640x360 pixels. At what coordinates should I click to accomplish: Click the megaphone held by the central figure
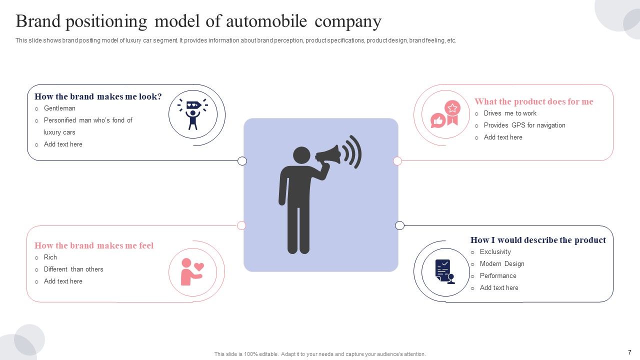click(x=328, y=154)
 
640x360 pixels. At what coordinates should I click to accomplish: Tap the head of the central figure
click(x=301, y=155)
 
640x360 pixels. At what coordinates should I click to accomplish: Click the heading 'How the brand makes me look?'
click(x=98, y=96)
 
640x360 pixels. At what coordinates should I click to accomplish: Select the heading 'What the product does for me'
click(x=533, y=101)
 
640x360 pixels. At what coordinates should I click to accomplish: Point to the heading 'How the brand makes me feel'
click(x=94, y=245)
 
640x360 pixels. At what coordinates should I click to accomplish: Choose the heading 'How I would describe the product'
click(x=538, y=240)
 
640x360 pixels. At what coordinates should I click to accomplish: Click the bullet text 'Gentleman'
click(x=59, y=108)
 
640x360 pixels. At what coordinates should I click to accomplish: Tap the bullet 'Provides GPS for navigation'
click(x=524, y=125)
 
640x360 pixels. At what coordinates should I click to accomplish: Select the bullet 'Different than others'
click(x=73, y=269)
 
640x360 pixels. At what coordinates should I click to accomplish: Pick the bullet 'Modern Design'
click(x=502, y=263)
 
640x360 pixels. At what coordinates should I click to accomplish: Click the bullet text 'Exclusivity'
click(x=495, y=251)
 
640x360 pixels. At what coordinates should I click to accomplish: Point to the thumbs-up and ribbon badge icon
click(x=445, y=114)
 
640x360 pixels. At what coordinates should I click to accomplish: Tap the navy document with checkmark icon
click(x=445, y=271)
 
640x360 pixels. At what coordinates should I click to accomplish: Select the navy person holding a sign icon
click(x=193, y=114)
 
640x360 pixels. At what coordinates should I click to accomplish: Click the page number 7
click(x=629, y=352)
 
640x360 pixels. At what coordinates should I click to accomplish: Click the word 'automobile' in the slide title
click(x=266, y=21)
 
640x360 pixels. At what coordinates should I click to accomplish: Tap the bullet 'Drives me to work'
click(x=510, y=113)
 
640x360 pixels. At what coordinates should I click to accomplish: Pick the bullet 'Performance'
click(x=498, y=275)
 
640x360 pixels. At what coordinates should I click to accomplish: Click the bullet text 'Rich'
click(x=50, y=257)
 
